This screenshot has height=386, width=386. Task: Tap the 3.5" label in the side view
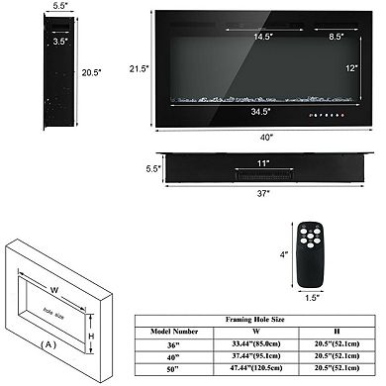34,43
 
